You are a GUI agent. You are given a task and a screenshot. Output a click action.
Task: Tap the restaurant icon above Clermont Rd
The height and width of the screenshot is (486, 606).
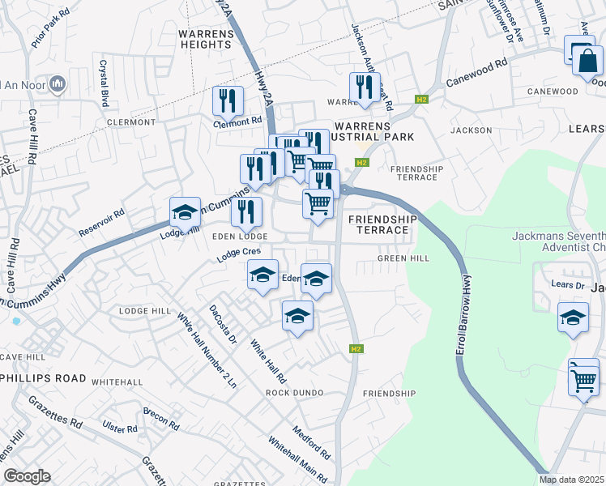[x=228, y=101]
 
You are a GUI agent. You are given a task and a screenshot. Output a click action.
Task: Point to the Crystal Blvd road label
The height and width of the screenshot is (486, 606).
[x=105, y=83]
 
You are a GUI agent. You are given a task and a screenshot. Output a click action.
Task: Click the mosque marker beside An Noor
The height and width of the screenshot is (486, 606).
[x=58, y=83]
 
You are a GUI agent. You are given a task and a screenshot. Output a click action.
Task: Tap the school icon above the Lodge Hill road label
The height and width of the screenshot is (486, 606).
[x=185, y=213]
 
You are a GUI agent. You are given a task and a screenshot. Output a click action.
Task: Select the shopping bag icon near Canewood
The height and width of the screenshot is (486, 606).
[x=587, y=60]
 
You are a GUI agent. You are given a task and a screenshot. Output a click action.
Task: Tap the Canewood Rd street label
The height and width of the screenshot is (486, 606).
[x=477, y=72]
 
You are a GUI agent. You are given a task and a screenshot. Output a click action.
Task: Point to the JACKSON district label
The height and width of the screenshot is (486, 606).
[x=472, y=130]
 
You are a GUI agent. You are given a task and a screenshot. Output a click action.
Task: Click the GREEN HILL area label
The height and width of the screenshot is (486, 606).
[x=403, y=259]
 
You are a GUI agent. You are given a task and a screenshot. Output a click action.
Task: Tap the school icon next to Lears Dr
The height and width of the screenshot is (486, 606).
[x=573, y=318]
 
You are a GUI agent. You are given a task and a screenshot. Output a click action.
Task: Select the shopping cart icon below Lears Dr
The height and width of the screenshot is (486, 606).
[x=583, y=378]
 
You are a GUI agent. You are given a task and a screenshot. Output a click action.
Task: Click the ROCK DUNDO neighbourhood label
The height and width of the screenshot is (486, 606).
[x=295, y=393]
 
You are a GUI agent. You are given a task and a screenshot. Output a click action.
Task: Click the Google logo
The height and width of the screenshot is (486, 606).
[x=27, y=476]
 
